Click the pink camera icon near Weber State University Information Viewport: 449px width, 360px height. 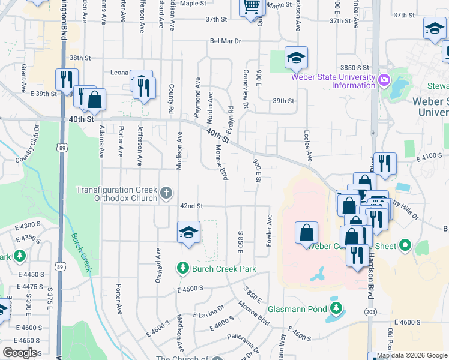pos(384,79)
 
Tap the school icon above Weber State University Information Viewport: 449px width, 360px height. pos(296,58)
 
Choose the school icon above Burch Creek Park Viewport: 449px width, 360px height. pos(188,233)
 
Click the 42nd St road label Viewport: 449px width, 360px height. pos(191,206)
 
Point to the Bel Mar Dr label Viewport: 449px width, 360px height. pos(225,41)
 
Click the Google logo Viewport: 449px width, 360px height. pos(20,353)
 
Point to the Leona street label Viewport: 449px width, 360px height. pos(119,73)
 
